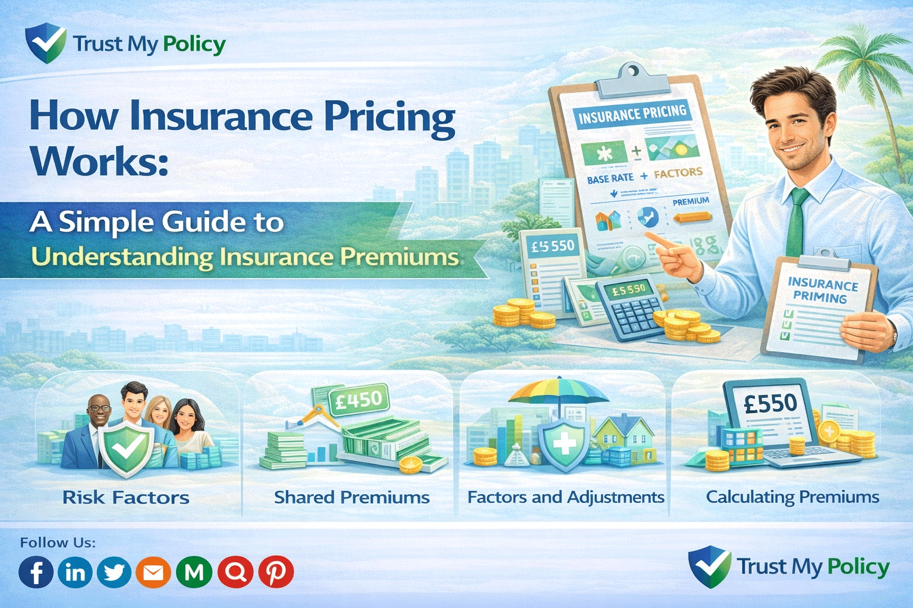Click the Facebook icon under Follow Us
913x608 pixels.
36,572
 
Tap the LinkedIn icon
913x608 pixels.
75,572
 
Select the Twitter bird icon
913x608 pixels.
114,572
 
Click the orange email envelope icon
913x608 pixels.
153,572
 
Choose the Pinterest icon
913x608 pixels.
275,572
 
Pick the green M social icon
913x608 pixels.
194,572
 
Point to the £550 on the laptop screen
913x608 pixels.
770,404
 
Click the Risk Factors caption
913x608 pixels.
126,498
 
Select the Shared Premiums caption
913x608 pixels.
351,498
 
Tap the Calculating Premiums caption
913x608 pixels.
792,497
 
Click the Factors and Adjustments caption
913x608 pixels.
565,497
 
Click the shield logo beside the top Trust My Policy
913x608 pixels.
45,43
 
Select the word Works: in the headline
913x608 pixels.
99,160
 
